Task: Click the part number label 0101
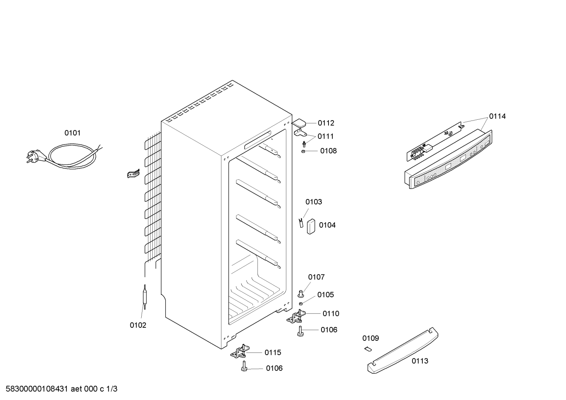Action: [72, 133]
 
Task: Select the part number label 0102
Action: [138, 325]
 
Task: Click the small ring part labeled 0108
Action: [303, 151]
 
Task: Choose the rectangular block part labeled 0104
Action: [312, 226]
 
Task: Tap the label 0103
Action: [314, 202]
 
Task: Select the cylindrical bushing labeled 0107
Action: [301, 293]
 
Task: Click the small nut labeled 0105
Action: [301, 303]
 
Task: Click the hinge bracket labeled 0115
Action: [240, 352]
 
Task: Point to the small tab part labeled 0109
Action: [367, 349]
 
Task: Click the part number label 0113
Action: [420, 361]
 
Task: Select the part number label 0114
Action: [497, 116]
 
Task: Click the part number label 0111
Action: [325, 136]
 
